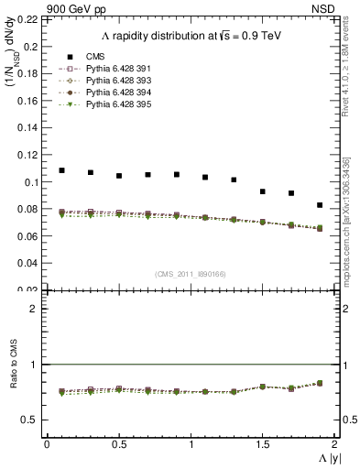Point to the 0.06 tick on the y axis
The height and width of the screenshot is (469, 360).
[29, 236]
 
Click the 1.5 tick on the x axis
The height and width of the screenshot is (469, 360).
[262, 444]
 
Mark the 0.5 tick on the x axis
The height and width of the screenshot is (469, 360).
[118, 444]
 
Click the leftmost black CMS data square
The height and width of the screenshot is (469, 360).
[61, 170]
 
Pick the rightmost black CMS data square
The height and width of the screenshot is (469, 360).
[320, 205]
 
